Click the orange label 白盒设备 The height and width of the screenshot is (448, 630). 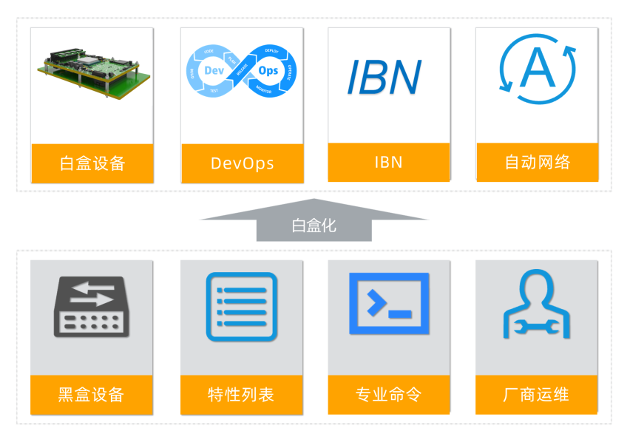[x=92, y=163]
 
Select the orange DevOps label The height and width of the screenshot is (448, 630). [x=242, y=163]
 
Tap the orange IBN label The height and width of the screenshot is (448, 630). [x=389, y=162]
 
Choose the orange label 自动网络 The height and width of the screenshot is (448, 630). [x=537, y=162]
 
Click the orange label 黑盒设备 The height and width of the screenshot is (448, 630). [x=92, y=395]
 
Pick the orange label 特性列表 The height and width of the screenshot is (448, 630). [x=242, y=395]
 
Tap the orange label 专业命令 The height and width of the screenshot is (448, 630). [x=389, y=395]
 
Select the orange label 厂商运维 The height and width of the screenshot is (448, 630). [x=537, y=395]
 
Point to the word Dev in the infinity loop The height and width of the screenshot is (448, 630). [x=214, y=70]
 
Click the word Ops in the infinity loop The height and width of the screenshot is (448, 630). [x=268, y=71]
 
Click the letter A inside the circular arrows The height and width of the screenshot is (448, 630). [x=538, y=69]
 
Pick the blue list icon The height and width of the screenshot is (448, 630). [x=242, y=307]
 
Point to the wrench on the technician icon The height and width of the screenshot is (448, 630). [x=537, y=325]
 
